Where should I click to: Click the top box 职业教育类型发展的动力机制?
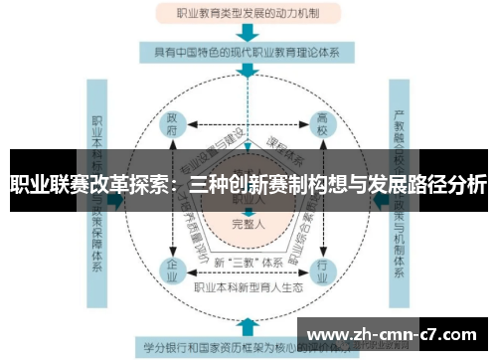click(248, 14)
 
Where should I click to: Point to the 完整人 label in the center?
click(248, 224)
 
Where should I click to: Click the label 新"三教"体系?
click(247, 261)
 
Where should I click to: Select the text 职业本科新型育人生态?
click(248, 286)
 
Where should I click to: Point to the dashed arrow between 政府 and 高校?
click(248, 125)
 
